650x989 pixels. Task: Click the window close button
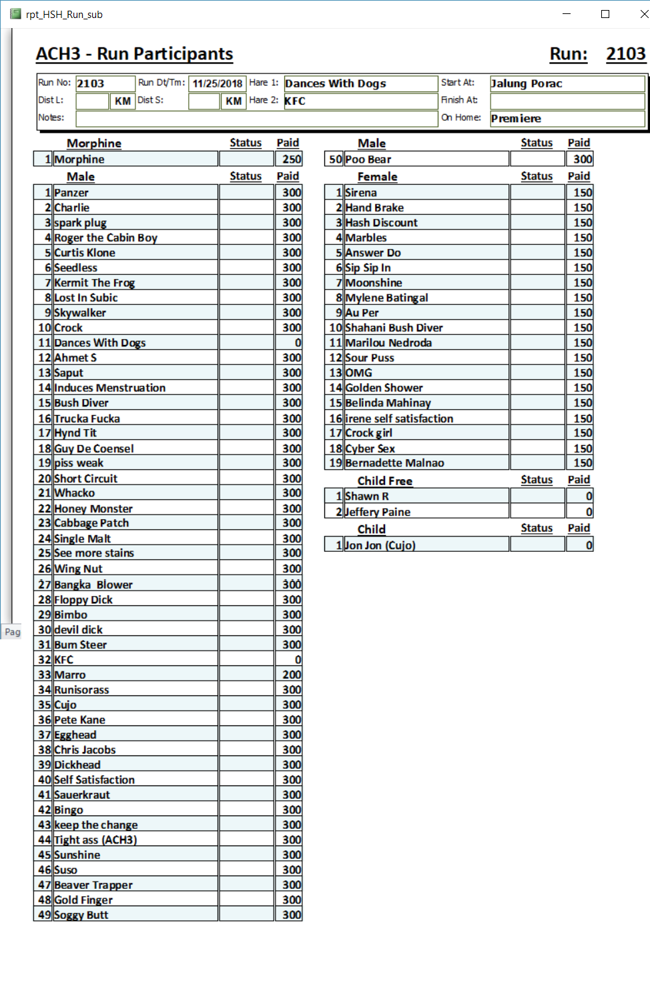(x=643, y=14)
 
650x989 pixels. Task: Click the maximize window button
(x=605, y=14)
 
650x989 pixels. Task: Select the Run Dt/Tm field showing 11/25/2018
(x=218, y=83)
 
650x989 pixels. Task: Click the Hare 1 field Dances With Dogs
(x=360, y=83)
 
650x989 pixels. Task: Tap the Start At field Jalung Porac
(x=567, y=83)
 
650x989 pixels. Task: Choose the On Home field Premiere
(x=567, y=118)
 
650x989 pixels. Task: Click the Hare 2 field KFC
(x=360, y=101)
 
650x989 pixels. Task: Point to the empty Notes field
(x=256, y=118)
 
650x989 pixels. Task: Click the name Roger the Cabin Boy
(x=106, y=238)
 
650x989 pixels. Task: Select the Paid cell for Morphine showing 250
(x=288, y=159)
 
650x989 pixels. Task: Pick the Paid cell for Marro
(x=288, y=675)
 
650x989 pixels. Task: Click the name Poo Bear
(x=368, y=159)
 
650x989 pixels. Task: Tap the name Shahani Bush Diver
(x=394, y=328)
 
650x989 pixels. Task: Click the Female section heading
(x=377, y=177)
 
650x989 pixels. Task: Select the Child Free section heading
(x=384, y=480)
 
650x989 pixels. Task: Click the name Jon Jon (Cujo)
(x=380, y=545)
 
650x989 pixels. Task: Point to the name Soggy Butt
(x=81, y=915)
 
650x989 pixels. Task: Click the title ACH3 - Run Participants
(x=134, y=54)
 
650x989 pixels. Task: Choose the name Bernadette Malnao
(x=394, y=462)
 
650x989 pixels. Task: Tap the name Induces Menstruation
(x=110, y=388)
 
